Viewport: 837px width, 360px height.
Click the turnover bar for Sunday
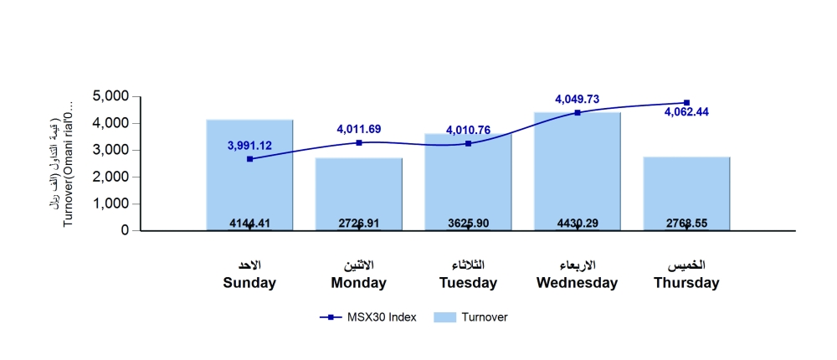click(249, 175)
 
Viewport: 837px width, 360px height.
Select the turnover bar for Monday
click(358, 193)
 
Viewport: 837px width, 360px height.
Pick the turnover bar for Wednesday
click(578, 171)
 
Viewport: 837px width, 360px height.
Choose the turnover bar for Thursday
click(686, 193)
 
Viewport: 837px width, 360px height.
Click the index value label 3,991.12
click(249, 145)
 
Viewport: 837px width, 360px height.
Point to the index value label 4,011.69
click(359, 129)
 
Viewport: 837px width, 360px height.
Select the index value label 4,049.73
click(577, 99)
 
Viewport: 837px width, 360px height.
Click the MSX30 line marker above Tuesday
click(468, 144)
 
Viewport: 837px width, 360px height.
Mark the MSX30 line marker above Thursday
click(686, 103)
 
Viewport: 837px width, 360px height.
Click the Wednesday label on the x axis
click(577, 283)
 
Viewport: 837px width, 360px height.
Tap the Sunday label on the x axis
click(249, 283)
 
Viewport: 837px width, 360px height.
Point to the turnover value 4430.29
click(577, 224)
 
